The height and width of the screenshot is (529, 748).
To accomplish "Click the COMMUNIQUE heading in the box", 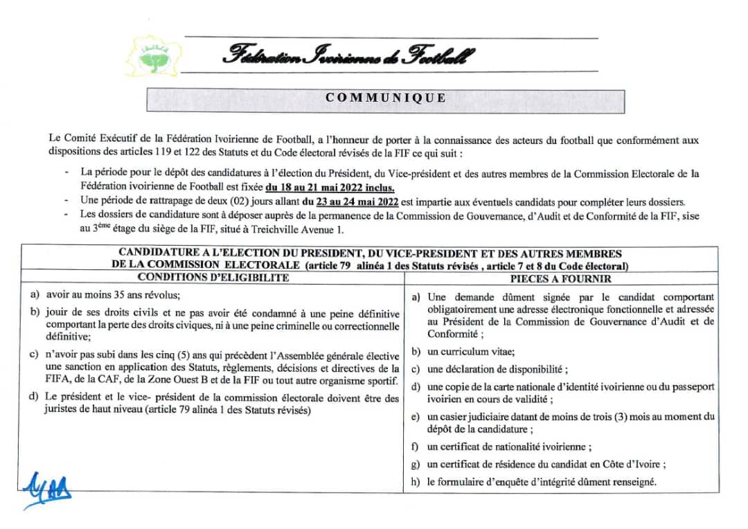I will point(386,98).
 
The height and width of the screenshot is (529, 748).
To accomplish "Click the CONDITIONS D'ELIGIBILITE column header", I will point(213,278).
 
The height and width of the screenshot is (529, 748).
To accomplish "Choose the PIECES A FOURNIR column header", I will point(561,279).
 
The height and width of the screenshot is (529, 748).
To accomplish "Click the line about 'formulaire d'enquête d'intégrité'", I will point(542,482).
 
